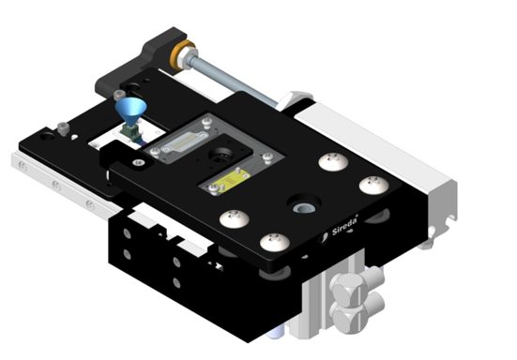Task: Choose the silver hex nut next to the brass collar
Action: tap(188, 60)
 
